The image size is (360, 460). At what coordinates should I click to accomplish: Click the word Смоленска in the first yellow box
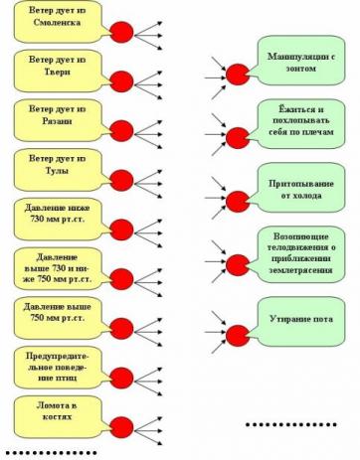(57, 23)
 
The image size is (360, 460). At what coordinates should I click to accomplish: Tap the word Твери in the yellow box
(58, 72)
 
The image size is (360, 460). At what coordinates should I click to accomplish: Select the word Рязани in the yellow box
(57, 121)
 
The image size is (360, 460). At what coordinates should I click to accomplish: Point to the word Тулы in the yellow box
(57, 171)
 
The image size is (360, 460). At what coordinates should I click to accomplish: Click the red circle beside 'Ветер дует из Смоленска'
(121, 32)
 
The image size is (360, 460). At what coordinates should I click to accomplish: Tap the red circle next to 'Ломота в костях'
(121, 427)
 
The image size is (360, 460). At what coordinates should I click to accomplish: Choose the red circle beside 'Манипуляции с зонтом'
(238, 75)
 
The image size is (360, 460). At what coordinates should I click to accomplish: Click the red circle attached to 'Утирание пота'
(238, 336)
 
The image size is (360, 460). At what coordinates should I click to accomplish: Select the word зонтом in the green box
(300, 69)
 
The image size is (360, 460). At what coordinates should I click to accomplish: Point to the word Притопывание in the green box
(301, 184)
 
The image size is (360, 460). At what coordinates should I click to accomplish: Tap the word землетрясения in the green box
(300, 270)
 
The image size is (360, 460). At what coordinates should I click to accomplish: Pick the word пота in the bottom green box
(323, 319)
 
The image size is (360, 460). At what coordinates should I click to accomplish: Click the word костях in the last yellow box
(57, 416)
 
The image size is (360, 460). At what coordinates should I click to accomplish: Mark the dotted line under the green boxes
(291, 424)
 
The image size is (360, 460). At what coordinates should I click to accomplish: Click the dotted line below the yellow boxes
(51, 452)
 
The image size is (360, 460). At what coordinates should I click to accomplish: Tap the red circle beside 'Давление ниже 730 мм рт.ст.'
(121, 230)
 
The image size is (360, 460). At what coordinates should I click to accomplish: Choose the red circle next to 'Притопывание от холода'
(238, 202)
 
